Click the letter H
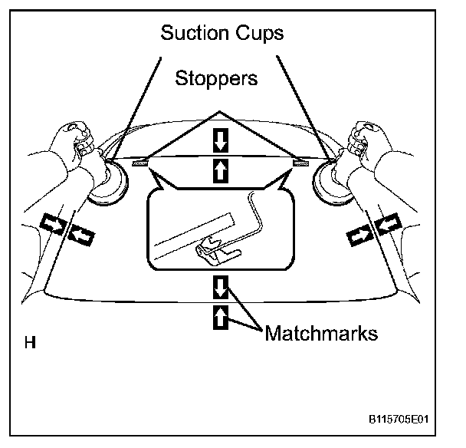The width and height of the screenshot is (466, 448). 30,342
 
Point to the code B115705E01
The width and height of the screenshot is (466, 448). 396,421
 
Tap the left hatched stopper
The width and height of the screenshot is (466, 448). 140,163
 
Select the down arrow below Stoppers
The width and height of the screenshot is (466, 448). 221,140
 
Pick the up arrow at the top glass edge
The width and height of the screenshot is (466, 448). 221,171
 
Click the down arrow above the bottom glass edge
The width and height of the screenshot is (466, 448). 221,287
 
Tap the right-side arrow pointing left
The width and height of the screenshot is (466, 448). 387,224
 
